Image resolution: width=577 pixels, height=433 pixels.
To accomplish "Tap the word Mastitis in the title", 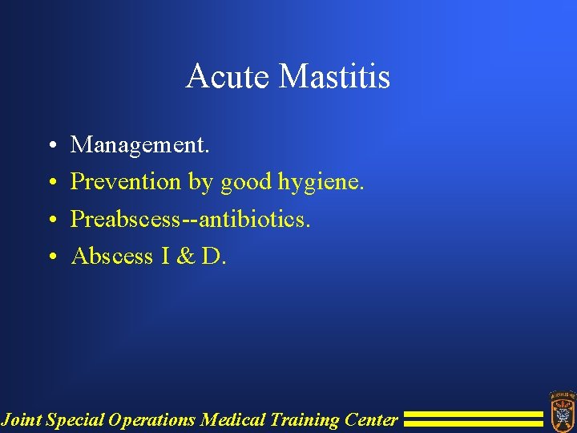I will (x=335, y=77).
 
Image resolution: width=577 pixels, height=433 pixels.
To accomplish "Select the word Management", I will (x=140, y=145).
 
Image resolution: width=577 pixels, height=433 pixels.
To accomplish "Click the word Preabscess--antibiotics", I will (x=191, y=219).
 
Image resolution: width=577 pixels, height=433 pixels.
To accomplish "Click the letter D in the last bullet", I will (x=212, y=256).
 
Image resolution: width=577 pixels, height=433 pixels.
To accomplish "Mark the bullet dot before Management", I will (x=50, y=147).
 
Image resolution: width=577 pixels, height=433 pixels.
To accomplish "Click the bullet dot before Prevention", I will (x=50, y=184).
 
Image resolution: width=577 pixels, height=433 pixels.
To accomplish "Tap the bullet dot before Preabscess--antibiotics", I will (x=50, y=221).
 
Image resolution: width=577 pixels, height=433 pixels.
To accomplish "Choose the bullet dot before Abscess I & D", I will (x=50, y=257).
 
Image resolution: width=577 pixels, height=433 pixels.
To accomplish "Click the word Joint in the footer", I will (x=22, y=419).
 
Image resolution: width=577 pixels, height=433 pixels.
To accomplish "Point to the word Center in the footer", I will (x=371, y=419).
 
